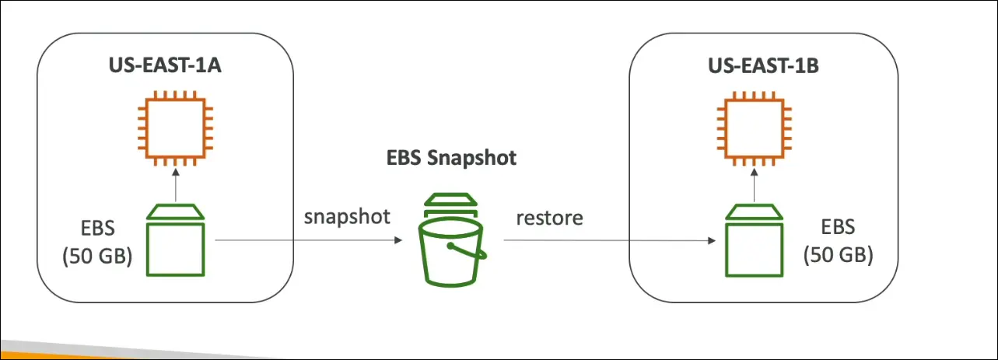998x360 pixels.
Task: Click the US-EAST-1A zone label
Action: pyautogui.click(x=165, y=65)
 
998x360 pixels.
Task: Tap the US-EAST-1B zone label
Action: pyautogui.click(x=763, y=65)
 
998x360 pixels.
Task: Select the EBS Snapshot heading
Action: pyautogui.click(x=451, y=159)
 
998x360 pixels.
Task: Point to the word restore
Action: pyautogui.click(x=549, y=218)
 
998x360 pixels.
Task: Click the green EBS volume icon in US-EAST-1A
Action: pyautogui.click(x=177, y=240)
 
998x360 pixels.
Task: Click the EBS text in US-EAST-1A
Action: pyautogui.click(x=97, y=230)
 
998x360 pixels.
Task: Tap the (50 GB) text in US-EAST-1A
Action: pyautogui.click(x=97, y=257)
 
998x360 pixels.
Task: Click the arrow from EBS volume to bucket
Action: pyautogui.click(x=303, y=241)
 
